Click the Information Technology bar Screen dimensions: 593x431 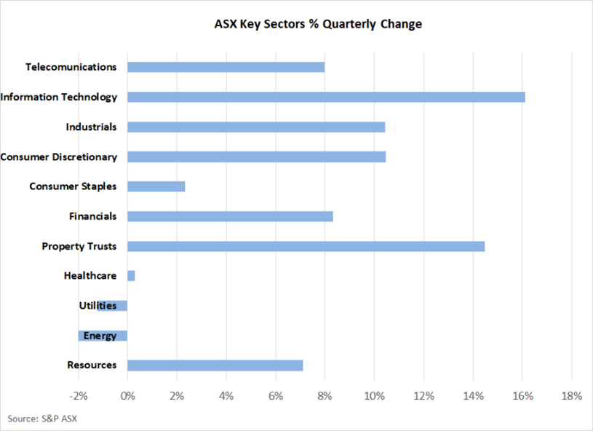(x=326, y=97)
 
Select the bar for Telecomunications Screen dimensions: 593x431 (x=226, y=67)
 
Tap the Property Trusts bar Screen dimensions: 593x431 (x=306, y=246)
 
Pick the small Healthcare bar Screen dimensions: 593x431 (x=131, y=276)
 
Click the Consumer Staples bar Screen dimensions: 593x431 (x=156, y=186)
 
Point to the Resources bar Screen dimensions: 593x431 (x=215, y=365)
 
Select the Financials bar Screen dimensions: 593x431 (x=230, y=216)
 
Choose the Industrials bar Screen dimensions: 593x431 (x=256, y=127)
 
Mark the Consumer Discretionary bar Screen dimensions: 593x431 (x=256, y=157)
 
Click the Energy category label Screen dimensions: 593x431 (x=100, y=336)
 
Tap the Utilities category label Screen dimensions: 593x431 (x=97, y=305)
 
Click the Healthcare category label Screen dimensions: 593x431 (x=90, y=275)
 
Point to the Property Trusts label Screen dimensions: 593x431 (x=79, y=246)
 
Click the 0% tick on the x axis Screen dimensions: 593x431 (x=128, y=396)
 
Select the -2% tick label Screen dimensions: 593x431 (x=79, y=396)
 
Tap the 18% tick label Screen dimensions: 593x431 (x=572, y=396)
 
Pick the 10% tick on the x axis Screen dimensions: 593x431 (x=375, y=396)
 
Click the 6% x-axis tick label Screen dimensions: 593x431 (x=276, y=396)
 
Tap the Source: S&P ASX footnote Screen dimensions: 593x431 (x=42, y=419)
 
